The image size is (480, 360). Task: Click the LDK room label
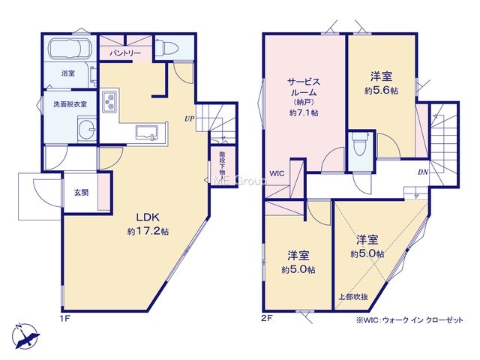[x=148, y=217]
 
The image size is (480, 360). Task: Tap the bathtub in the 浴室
[x=70, y=49]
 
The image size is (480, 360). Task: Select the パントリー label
[x=125, y=53]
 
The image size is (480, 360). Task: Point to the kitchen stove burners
[x=109, y=101]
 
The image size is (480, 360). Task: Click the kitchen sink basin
[x=147, y=133]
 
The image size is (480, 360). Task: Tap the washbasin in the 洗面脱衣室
[x=87, y=129]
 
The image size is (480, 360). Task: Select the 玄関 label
[x=82, y=193]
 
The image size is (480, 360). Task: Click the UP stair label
[x=190, y=118]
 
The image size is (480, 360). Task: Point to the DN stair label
[x=423, y=172]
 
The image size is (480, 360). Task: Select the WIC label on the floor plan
[x=277, y=173]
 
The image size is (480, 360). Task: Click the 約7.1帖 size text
[x=304, y=113]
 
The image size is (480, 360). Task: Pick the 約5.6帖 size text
[x=381, y=91]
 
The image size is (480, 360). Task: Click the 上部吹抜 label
[x=353, y=297]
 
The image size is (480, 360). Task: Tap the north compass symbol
[x=25, y=336]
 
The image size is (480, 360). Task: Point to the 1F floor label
[x=65, y=319]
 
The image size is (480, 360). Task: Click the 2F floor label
[x=267, y=319]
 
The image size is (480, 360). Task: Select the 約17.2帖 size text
[x=148, y=232]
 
